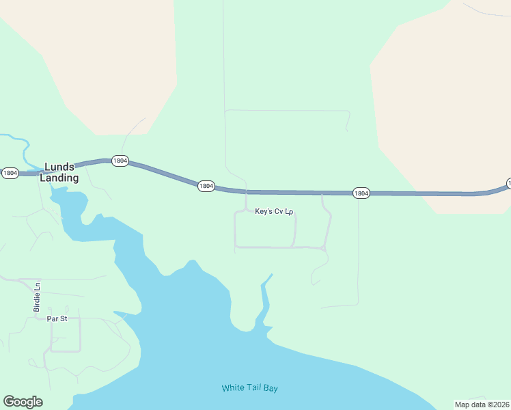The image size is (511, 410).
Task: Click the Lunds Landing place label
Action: pyautogui.click(x=59, y=172)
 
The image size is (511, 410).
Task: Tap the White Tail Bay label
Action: pyautogui.click(x=249, y=388)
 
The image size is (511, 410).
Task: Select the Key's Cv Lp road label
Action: pyautogui.click(x=274, y=213)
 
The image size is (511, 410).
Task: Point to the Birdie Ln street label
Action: pyautogui.click(x=38, y=298)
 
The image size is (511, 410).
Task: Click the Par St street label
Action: pyautogui.click(x=57, y=318)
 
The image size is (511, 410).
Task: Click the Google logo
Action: pyautogui.click(x=23, y=402)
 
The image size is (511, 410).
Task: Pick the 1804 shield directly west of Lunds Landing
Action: pyautogui.click(x=10, y=174)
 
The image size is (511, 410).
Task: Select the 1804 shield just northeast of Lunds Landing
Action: pyautogui.click(x=120, y=161)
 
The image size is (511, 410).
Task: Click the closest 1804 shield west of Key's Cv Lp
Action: pyautogui.click(x=206, y=186)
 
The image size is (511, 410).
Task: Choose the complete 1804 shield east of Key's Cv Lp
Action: pyautogui.click(x=361, y=193)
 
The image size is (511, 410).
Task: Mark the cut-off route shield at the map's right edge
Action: pyautogui.click(x=508, y=184)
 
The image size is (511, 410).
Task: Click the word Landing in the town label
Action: pyautogui.click(x=59, y=178)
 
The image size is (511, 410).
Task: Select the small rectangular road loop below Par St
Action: pyautogui.click(x=66, y=335)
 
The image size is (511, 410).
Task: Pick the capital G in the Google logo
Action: pyautogui.click(x=10, y=401)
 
